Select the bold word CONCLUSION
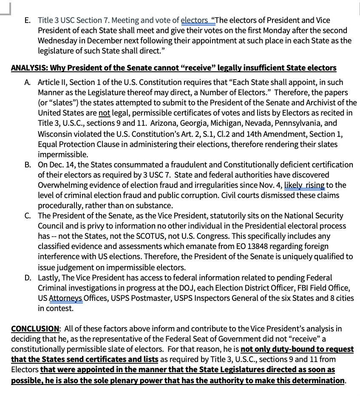tap(35, 329)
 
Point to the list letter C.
tap(28, 216)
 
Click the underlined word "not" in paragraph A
tap(104, 113)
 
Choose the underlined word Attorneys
tap(65, 298)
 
